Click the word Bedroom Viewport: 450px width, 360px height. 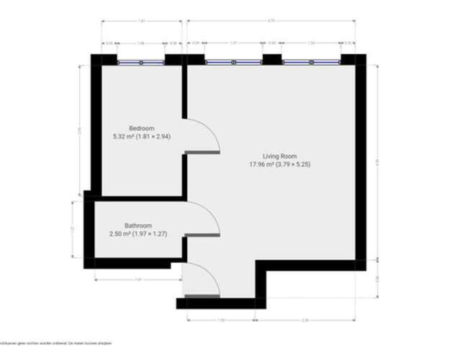tap(141, 128)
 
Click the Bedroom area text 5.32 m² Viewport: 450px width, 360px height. tap(125, 136)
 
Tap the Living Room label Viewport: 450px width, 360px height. tap(279, 156)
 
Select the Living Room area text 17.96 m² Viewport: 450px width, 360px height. tap(263, 164)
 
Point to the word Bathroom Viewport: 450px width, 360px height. tap(137, 225)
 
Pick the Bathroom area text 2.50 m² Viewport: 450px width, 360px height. tap(121, 233)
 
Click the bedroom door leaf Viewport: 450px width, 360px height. tap(202, 152)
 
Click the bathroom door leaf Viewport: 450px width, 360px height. tap(202, 235)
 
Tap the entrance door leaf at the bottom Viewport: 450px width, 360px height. tap(202, 295)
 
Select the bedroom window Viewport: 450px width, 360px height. tap(141, 63)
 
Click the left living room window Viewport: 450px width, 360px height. tap(233, 63)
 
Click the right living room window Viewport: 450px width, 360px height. tap(311, 63)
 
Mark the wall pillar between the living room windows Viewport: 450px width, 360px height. tap(272, 60)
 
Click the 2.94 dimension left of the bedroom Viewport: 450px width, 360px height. tap(78, 130)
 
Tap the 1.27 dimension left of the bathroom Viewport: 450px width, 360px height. tap(73, 229)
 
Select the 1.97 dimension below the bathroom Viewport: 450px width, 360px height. tap(136, 279)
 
